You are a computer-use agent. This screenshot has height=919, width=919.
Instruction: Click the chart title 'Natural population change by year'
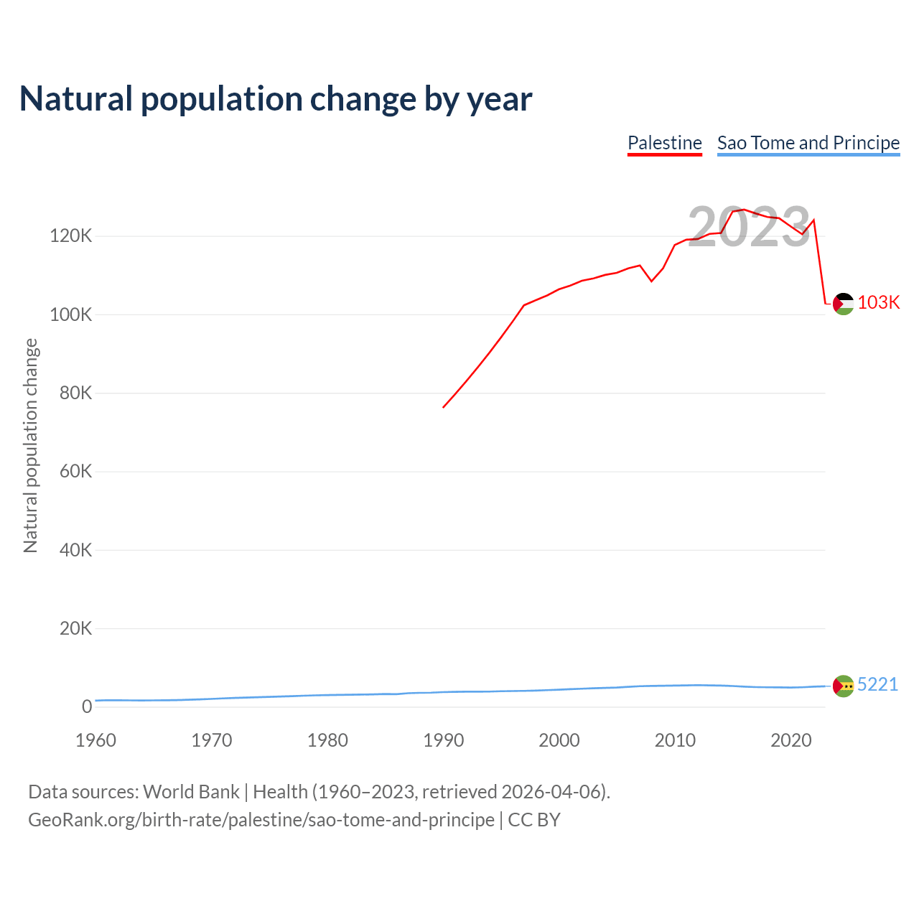tap(276, 99)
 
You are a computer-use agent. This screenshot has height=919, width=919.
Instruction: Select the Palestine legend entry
tap(664, 143)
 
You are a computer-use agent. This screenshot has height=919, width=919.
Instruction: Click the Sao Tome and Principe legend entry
tap(808, 143)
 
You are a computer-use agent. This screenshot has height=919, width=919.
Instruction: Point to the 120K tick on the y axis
tap(71, 236)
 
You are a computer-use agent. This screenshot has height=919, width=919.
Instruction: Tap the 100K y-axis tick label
tap(71, 314)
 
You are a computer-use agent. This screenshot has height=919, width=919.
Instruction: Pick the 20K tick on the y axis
tap(75, 629)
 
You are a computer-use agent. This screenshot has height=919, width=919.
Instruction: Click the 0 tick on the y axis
tap(87, 707)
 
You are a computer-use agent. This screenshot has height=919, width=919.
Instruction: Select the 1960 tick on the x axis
tap(95, 740)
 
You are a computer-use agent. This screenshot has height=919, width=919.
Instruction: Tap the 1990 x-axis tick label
tap(444, 740)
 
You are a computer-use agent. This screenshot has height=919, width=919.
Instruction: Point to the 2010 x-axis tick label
tap(675, 740)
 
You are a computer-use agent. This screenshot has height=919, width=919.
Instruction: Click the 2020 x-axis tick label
tap(790, 740)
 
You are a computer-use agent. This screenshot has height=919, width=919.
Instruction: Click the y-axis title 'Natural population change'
tap(31, 446)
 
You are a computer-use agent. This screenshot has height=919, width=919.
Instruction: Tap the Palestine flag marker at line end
tap(843, 304)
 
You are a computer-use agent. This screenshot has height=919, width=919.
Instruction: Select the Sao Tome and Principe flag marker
tap(843, 686)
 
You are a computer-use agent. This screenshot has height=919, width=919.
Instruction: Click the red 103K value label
tap(878, 302)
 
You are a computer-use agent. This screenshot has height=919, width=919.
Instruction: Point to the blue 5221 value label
tap(877, 684)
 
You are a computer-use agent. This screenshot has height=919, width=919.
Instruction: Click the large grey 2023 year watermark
tap(749, 228)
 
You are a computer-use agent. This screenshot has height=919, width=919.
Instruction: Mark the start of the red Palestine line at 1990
tap(444, 407)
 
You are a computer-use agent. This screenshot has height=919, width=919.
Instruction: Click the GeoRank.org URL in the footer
tap(261, 820)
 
